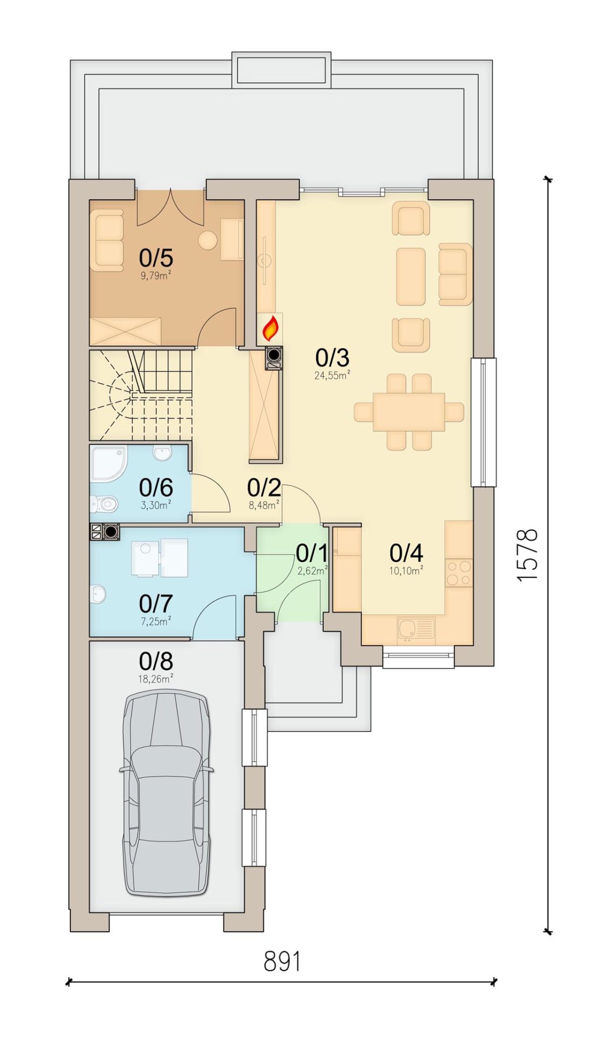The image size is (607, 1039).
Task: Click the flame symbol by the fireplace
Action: coord(270,327)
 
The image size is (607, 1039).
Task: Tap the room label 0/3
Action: coord(332,358)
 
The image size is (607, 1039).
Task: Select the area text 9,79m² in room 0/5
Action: coord(156,275)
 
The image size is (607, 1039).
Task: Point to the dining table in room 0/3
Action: coord(409,412)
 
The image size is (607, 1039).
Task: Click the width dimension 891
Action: coord(282,962)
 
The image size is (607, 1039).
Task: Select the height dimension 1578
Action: coord(527,554)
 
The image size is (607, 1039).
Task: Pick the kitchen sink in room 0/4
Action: coord(415,629)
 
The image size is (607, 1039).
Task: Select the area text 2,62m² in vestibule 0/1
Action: coord(313,570)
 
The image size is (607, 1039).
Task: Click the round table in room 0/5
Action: coord(207,240)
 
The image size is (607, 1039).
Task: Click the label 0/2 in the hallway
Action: coord(264,488)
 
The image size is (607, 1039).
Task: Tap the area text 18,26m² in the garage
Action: coord(156,679)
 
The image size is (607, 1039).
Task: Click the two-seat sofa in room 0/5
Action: coord(107,241)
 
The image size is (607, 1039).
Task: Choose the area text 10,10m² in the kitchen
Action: coord(406,569)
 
